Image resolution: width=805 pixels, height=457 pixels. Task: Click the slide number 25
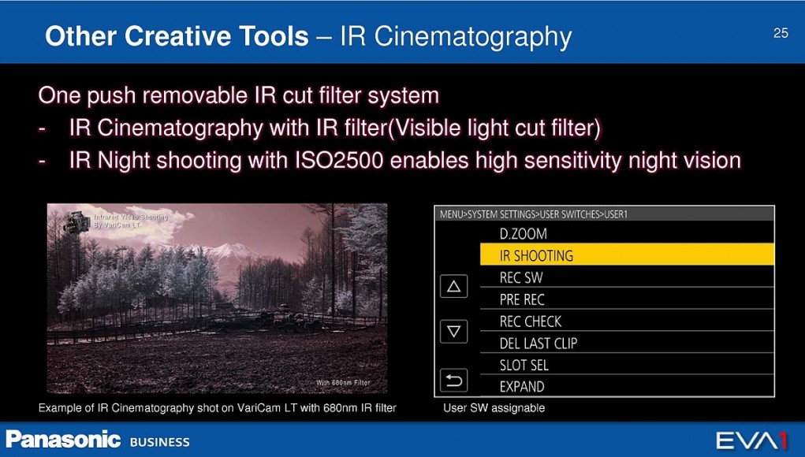click(781, 33)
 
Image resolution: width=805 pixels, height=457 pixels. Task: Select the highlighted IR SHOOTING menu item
click(627, 255)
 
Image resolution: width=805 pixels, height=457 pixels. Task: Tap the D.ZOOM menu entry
click(524, 234)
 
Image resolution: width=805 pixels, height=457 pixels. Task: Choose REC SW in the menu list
click(521, 277)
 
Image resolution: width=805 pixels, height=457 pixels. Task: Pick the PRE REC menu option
click(522, 299)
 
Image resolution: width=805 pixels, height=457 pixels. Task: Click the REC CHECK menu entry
click(531, 321)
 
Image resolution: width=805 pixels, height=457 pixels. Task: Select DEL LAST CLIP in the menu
click(539, 343)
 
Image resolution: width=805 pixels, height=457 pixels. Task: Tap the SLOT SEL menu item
click(524, 365)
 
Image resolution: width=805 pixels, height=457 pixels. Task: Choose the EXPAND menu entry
click(522, 387)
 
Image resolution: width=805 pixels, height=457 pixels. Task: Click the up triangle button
click(454, 286)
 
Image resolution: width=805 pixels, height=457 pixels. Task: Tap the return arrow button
click(454, 381)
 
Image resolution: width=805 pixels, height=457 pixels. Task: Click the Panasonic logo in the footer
click(63, 440)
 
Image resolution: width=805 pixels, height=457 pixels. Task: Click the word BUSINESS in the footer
click(160, 442)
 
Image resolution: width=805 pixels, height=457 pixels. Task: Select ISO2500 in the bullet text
click(339, 161)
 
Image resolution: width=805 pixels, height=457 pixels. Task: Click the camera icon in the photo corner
click(76, 221)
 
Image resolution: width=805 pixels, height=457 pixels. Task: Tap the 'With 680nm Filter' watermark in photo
click(343, 383)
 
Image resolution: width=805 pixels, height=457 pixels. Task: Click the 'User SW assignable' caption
click(494, 408)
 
